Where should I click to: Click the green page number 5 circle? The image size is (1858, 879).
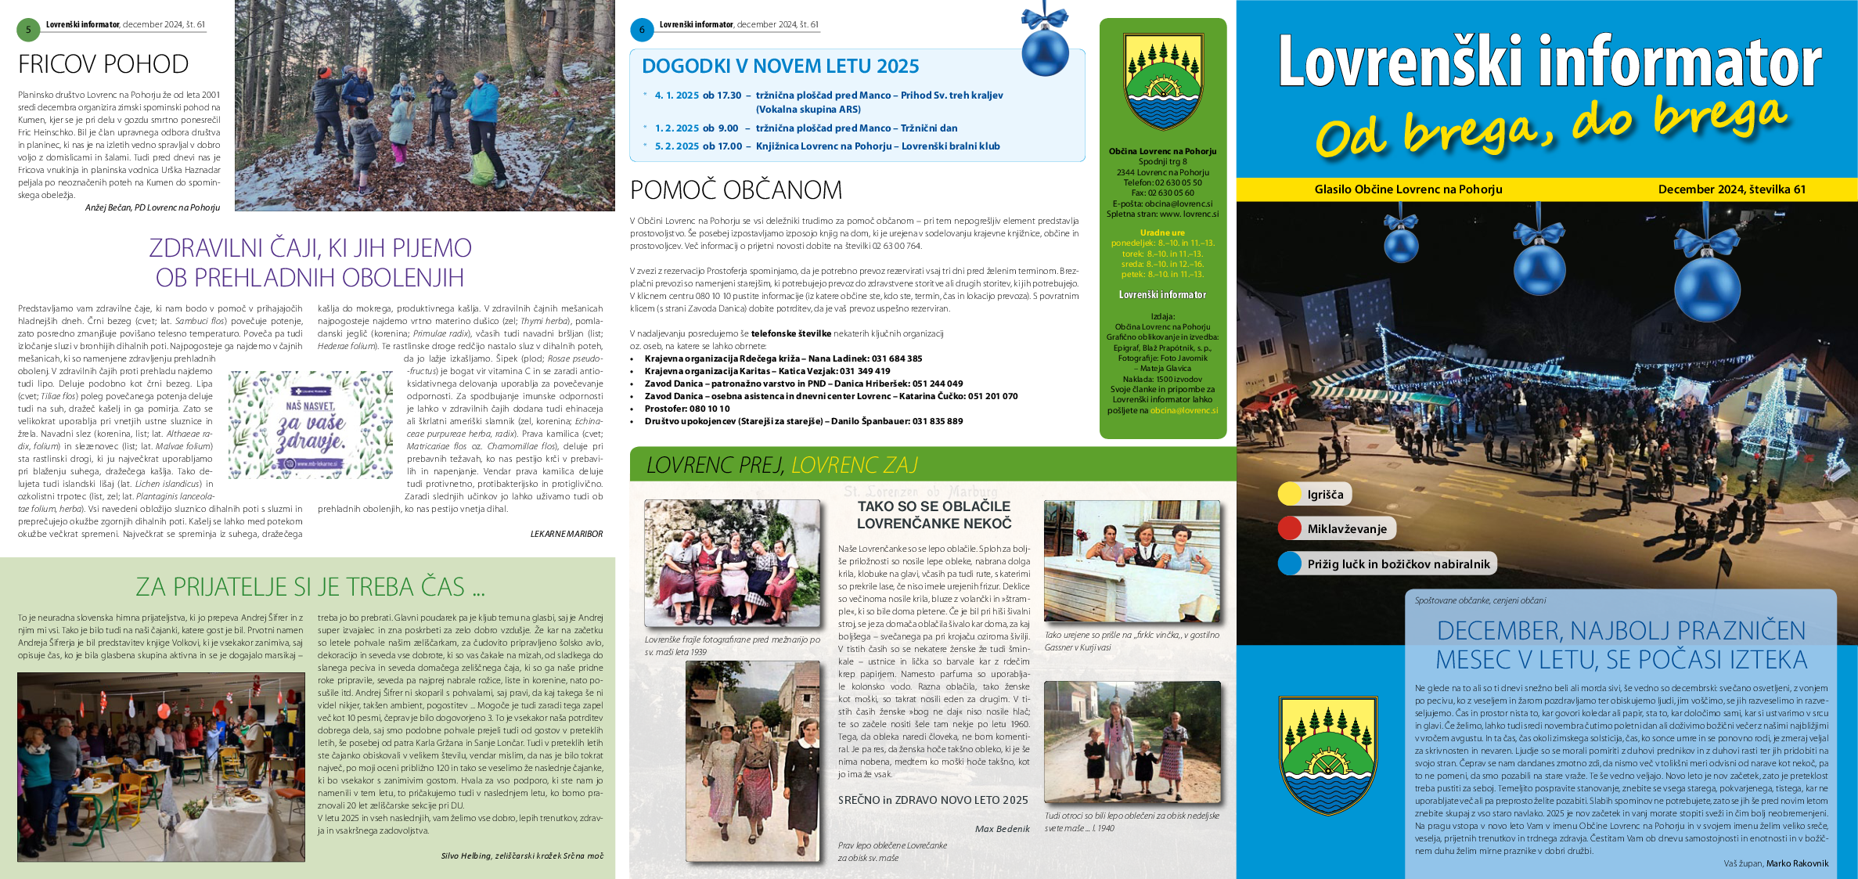(28, 30)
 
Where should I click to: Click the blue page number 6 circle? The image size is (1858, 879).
(642, 30)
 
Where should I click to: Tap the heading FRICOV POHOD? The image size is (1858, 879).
(103, 64)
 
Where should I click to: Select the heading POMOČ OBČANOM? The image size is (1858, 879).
(736, 190)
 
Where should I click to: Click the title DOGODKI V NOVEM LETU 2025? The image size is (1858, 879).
(780, 67)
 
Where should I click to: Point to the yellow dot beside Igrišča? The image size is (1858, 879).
(1290, 494)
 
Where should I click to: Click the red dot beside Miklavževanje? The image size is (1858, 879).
(1290, 528)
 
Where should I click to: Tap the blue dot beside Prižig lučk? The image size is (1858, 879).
(1290, 564)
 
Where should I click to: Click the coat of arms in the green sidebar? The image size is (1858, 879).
(1162, 81)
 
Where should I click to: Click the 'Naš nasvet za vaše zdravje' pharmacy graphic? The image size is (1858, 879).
(311, 425)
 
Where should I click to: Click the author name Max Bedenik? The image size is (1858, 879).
(1002, 829)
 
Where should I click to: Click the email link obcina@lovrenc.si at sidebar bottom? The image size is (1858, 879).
(1183, 410)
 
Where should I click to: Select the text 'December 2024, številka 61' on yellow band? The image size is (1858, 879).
(1731, 189)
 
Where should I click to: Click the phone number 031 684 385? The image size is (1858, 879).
(897, 358)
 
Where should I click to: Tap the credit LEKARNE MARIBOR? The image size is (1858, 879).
(566, 534)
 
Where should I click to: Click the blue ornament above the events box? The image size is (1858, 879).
(1045, 49)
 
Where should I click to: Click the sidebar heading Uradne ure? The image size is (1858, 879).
(1162, 232)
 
